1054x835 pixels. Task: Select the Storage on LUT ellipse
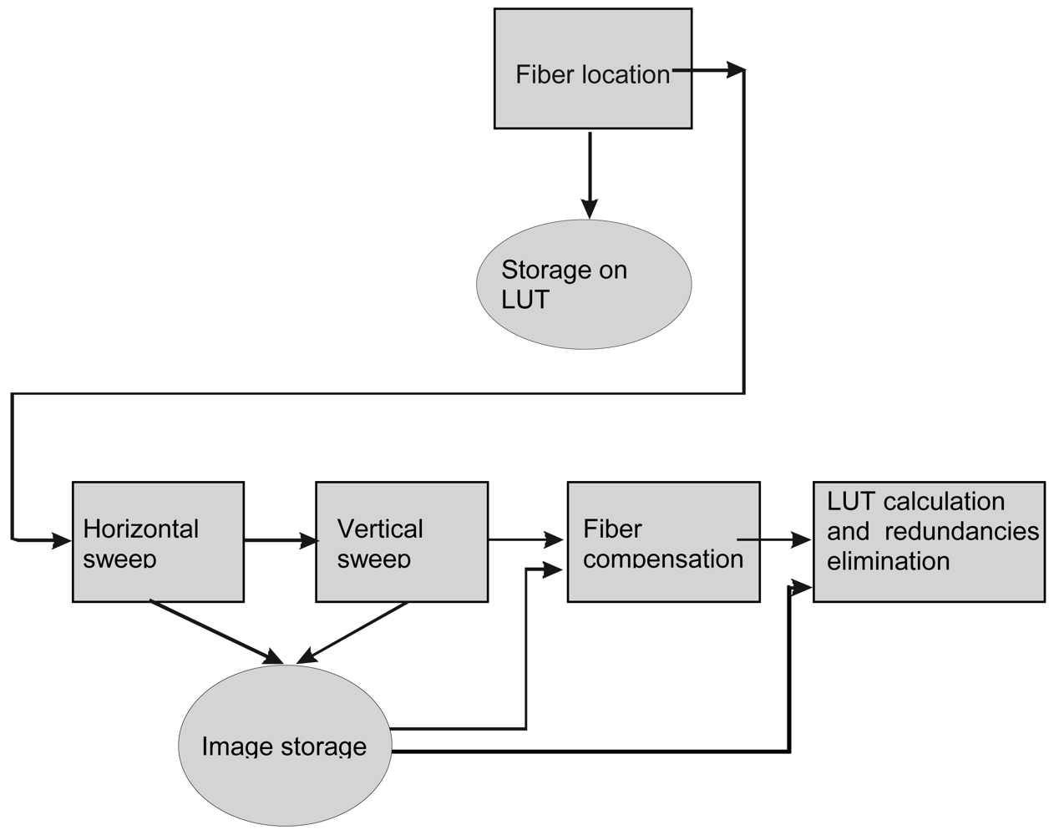[x=584, y=284]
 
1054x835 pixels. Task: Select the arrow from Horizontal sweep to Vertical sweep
[x=280, y=540]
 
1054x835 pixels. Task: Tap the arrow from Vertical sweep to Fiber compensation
[x=526, y=540]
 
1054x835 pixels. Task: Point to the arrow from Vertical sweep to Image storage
[x=355, y=631]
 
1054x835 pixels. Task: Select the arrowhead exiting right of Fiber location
[x=735, y=71]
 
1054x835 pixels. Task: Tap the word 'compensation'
[x=662, y=559]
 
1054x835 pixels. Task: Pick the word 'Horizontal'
[x=140, y=529]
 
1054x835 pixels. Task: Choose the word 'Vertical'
[x=379, y=529]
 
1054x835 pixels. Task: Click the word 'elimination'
[x=888, y=561]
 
